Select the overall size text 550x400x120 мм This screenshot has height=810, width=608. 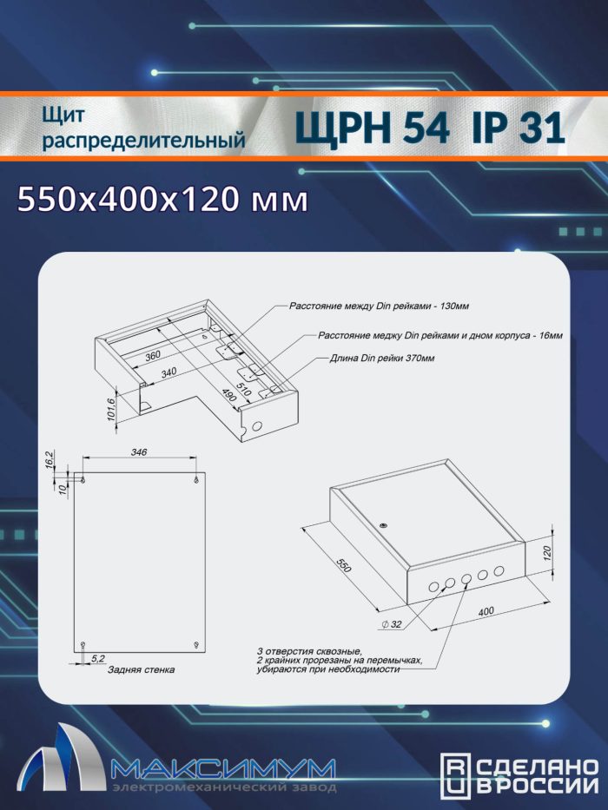[x=163, y=200]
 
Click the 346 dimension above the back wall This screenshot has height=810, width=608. [x=139, y=452]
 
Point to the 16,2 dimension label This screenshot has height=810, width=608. [x=50, y=459]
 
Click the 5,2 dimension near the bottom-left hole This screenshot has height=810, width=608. [x=97, y=658]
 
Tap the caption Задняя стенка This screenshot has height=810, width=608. [x=141, y=669]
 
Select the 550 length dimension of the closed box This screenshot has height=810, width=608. [x=344, y=564]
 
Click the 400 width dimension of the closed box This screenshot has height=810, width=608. [x=486, y=611]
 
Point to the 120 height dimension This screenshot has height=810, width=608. [x=548, y=551]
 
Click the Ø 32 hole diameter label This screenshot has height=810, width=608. [x=392, y=624]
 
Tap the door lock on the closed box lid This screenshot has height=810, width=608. [x=383, y=525]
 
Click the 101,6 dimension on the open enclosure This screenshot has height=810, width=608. [x=111, y=409]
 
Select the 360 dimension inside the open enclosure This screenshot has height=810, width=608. [x=153, y=355]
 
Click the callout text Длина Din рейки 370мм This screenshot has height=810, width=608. [x=382, y=358]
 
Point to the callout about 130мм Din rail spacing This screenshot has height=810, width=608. [x=379, y=306]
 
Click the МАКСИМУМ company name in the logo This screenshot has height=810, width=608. [x=223, y=770]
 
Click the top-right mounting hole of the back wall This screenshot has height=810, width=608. [x=196, y=480]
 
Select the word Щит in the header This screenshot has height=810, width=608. [x=63, y=115]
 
